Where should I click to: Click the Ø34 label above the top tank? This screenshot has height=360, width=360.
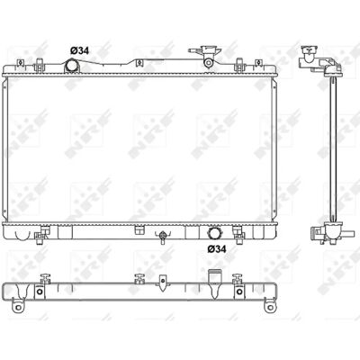coord(79,50)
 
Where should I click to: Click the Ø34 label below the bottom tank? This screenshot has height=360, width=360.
coord(217,248)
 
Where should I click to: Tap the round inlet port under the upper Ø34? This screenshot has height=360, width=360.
coord(72,66)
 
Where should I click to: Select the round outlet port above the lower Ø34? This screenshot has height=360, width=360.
coord(215,233)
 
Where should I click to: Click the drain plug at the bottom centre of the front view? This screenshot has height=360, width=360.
coord(162,237)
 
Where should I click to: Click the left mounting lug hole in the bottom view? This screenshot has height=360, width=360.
coord(18,307)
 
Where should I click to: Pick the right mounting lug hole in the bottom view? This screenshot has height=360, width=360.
coord(270,307)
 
